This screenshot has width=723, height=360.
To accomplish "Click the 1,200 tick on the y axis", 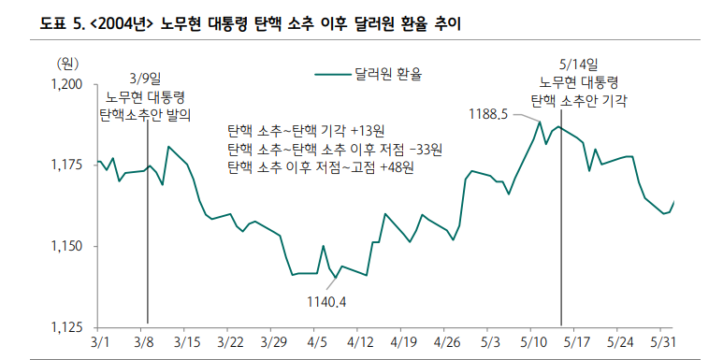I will pos(67,85).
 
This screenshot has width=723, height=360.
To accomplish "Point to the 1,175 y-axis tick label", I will pos(67,166).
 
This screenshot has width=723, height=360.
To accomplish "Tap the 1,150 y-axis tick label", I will pos(67,247).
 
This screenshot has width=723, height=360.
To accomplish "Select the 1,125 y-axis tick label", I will pos(67,327).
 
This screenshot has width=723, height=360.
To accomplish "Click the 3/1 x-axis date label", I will pos(99,342).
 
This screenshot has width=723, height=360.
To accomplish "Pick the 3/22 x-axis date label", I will pos(229,342).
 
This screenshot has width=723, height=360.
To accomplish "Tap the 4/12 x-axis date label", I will pos(360,342).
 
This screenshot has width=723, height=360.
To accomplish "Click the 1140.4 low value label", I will pos(326,301).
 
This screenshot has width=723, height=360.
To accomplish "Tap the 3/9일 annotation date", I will pos(146,79).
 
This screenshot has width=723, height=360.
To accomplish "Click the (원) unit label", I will pos(69,63).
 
